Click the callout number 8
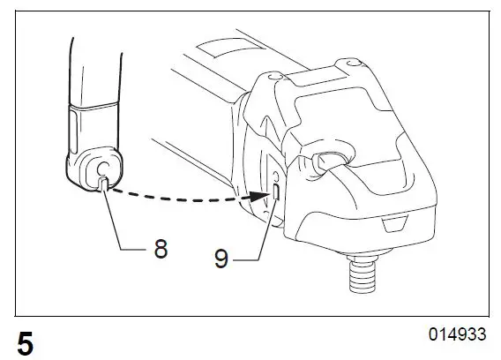point(161,249)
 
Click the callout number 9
point(222,258)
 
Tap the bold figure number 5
point(26,342)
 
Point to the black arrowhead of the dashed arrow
point(263,197)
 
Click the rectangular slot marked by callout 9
point(277,191)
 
